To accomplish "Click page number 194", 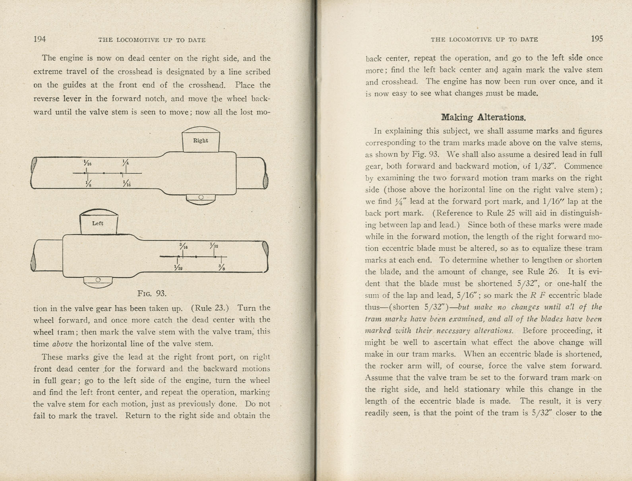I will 40,39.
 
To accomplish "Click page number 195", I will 597,39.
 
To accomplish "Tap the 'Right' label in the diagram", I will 200,140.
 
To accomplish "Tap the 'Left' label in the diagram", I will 98,223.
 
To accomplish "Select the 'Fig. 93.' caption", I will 151,293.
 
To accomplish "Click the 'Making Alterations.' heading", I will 483,117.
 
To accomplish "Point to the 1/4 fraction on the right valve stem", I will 126,162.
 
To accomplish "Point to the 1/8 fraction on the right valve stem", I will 87,184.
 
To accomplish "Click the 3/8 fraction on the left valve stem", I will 221,267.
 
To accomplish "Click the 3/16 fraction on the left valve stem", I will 183,246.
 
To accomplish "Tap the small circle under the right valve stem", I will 201,197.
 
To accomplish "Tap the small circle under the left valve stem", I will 98,280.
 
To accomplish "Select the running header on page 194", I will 151,40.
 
